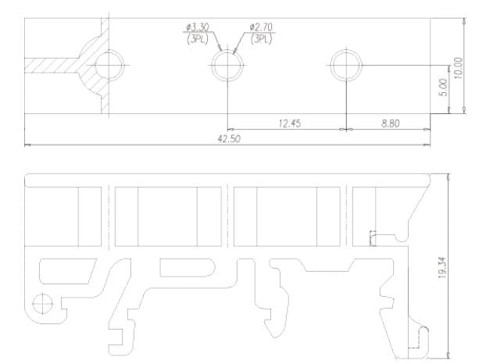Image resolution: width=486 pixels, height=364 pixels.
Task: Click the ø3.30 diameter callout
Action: click(x=198, y=27)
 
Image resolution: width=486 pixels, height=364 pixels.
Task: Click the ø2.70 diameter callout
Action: click(x=261, y=27)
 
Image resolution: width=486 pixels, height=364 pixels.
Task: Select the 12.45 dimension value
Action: click(x=290, y=123)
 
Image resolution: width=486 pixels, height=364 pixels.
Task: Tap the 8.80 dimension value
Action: click(x=390, y=123)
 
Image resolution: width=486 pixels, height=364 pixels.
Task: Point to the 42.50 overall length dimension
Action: click(x=229, y=139)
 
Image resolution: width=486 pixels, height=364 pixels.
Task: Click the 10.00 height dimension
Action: click(x=459, y=68)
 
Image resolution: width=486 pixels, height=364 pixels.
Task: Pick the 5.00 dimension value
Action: click(x=444, y=87)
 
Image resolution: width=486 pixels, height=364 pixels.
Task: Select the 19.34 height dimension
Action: click(x=442, y=268)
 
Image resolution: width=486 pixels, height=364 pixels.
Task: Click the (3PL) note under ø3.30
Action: click(x=197, y=39)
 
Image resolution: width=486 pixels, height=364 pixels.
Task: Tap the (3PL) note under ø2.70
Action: click(x=261, y=39)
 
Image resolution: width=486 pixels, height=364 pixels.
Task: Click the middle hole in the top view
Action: click(x=227, y=50)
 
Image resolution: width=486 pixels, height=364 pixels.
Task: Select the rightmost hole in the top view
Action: click(x=346, y=50)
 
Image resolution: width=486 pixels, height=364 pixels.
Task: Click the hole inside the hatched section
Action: click(x=109, y=51)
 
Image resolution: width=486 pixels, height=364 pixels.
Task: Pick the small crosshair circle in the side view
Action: click(x=42, y=294)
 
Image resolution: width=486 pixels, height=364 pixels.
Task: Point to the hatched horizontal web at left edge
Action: click(x=51, y=66)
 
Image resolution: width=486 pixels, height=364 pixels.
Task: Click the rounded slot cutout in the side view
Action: click(x=188, y=268)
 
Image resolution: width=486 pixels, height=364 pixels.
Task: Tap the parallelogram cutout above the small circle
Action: click(x=67, y=271)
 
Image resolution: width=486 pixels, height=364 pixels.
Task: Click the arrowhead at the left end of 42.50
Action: click(x=27, y=145)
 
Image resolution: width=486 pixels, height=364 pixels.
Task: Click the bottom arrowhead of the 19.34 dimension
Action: click(x=448, y=355)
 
